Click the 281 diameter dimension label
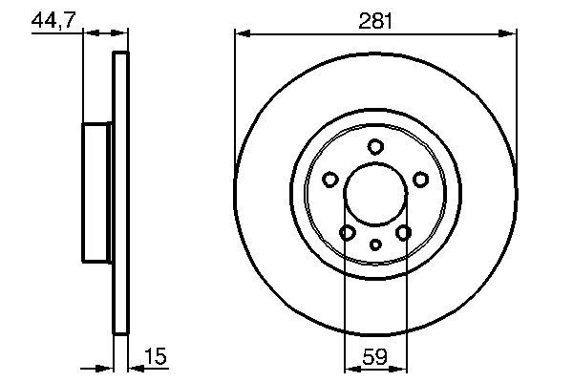click(x=375, y=20)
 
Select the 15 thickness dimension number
click(x=155, y=357)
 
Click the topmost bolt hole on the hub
click(x=375, y=146)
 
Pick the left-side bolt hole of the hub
click(x=330, y=179)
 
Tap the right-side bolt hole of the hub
click(x=420, y=179)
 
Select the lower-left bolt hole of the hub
click(x=348, y=232)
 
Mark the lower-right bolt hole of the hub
click(x=403, y=232)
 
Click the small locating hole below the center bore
click(x=375, y=245)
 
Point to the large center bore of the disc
click(x=375, y=193)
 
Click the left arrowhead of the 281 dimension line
click(x=241, y=34)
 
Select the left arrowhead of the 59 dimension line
click(x=349, y=369)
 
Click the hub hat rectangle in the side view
click(x=97, y=193)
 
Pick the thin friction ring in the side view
click(x=120, y=193)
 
